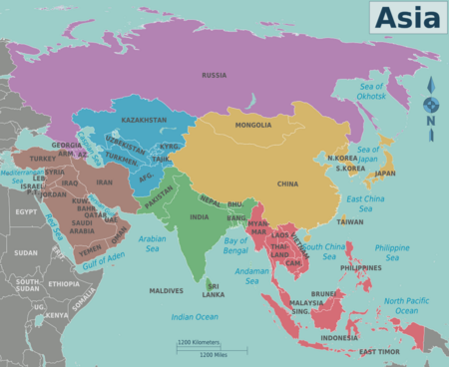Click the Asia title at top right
click(407, 16)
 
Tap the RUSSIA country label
click(214, 75)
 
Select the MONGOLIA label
click(252, 125)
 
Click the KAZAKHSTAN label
click(145, 120)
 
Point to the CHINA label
click(287, 183)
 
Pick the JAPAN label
click(384, 173)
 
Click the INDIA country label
click(200, 216)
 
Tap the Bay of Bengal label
click(235, 244)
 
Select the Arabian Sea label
click(152, 243)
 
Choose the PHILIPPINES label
click(361, 267)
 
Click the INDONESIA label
click(339, 337)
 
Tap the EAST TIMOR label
click(380, 352)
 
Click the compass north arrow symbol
click(431, 104)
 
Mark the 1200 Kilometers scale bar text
click(199, 342)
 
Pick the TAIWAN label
click(350, 221)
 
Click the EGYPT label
click(26, 211)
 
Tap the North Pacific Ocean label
click(407, 305)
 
